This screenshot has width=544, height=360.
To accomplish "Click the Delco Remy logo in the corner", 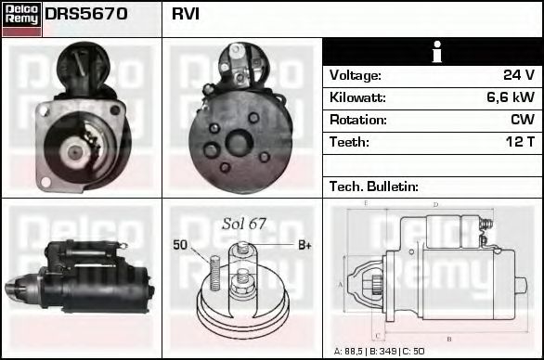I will pos(21,18).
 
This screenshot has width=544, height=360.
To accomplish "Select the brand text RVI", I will pos(185,15).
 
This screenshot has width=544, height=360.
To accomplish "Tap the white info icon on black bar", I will pos(433,52).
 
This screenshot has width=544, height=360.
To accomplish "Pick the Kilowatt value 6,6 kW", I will pos(510,97).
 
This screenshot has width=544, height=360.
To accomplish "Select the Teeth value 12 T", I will pos(518,142).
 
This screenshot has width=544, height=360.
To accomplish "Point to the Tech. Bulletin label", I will pos(374,186).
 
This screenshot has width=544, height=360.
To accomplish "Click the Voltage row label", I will pos(356,75).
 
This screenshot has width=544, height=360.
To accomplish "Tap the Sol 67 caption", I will pos(244,224).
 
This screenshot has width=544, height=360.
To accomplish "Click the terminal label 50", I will pos(180,245).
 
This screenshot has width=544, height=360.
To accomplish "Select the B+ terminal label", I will pos(304,245).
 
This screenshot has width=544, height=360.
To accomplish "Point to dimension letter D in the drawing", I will pos(435,205).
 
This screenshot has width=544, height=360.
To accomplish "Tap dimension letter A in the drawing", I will pos(340,284).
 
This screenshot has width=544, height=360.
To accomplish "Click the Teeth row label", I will pos(349,142).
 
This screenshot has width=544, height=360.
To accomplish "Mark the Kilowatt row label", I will pos(357,97).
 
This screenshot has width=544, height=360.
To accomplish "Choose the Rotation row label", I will pos(357,120).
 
